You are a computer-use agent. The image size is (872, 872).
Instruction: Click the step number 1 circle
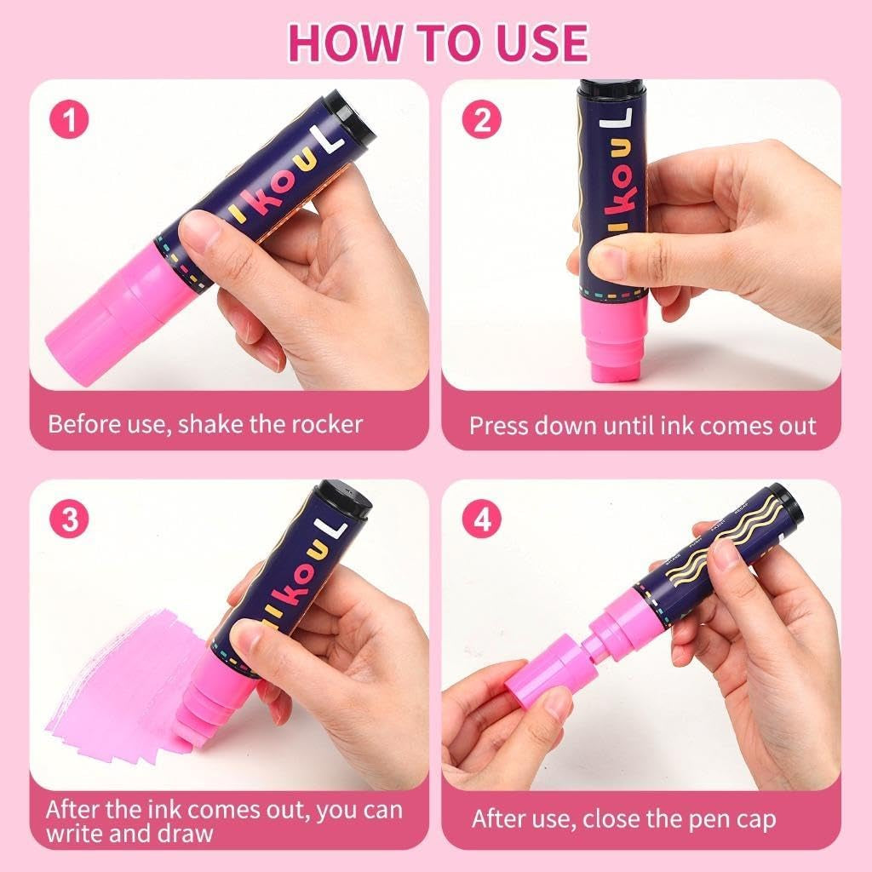click(70, 119)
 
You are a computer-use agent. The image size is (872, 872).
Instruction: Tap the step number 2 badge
click(482, 119)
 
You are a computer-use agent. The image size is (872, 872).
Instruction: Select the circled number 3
click(70, 519)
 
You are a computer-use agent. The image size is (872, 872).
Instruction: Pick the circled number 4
click(482, 519)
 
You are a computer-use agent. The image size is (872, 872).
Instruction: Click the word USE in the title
click(534, 43)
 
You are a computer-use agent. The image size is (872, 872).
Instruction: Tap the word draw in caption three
click(185, 833)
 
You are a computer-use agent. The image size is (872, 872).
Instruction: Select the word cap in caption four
click(756, 820)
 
